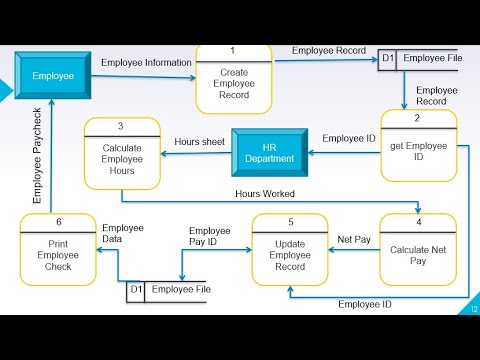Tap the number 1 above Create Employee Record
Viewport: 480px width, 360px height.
232,51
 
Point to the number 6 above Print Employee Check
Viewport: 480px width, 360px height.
58,222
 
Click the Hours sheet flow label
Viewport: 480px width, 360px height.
199,142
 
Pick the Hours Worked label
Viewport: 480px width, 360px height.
265,193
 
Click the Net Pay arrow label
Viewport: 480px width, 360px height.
354,240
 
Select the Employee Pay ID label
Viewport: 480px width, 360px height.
210,236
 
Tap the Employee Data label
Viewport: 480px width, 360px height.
123,233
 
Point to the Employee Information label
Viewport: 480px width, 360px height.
146,63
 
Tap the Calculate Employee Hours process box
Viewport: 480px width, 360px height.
122,160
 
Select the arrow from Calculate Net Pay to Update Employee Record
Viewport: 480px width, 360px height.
354,250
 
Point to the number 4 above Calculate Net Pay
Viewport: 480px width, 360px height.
419,222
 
